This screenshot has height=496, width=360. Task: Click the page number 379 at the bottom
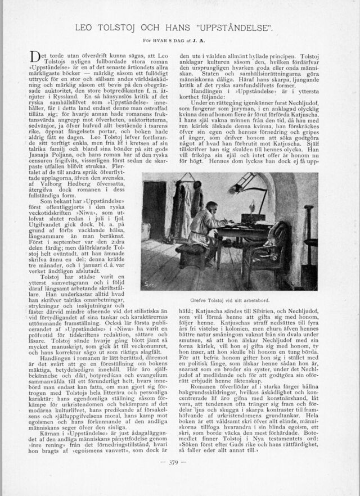coord(180,463)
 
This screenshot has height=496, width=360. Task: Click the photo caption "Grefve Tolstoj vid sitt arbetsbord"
coord(229,300)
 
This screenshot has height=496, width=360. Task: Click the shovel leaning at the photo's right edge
coord(308,236)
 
